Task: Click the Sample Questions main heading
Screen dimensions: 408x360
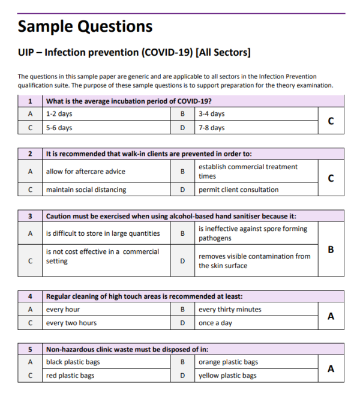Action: click(x=85, y=26)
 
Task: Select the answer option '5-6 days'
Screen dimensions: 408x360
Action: click(x=59, y=128)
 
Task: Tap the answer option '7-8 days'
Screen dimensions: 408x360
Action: click(x=211, y=128)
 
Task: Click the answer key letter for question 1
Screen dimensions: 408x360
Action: click(x=331, y=121)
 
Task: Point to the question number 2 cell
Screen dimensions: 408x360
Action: click(x=30, y=154)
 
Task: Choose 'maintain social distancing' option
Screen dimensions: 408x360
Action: click(x=86, y=190)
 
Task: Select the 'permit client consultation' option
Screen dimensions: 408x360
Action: click(x=238, y=190)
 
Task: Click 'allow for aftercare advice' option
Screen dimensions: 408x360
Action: click(x=86, y=172)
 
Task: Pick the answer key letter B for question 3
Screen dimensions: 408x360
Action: click(x=331, y=250)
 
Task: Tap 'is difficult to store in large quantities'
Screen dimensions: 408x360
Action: click(x=103, y=233)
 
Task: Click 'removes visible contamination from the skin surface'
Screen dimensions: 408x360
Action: click(x=254, y=261)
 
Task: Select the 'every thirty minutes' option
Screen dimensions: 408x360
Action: click(x=230, y=310)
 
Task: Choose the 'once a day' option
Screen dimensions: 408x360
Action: click(x=215, y=323)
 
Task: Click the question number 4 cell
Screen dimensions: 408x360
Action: click(x=30, y=296)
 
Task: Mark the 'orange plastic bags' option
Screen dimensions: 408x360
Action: click(x=228, y=362)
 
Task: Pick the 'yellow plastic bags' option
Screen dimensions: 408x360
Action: click(x=227, y=376)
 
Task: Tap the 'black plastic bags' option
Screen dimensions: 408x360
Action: click(x=73, y=362)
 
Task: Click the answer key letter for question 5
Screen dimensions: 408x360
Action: click(x=331, y=369)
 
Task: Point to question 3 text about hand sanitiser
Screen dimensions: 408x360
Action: click(x=171, y=216)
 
